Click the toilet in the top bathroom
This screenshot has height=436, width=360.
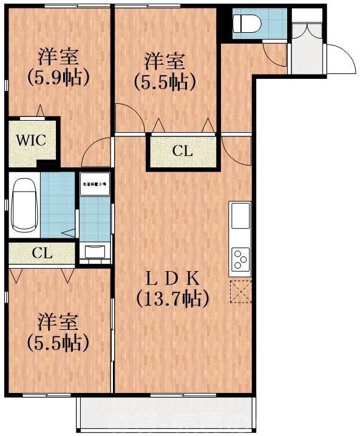(x=246, y=23)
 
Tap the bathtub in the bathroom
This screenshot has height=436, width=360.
(x=24, y=205)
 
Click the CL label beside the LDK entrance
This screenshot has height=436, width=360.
(x=182, y=152)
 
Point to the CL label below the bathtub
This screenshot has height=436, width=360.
(x=42, y=253)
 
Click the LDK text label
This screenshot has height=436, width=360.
(x=173, y=278)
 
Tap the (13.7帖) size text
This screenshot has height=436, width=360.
(x=173, y=298)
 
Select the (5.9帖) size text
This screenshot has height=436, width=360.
(x=58, y=78)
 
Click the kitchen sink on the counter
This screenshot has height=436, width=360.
(x=240, y=215)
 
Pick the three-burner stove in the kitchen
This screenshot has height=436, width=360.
(x=240, y=259)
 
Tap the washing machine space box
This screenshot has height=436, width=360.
(x=94, y=184)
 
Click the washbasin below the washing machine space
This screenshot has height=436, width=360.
(x=95, y=250)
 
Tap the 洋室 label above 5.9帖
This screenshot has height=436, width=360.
(x=58, y=58)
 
